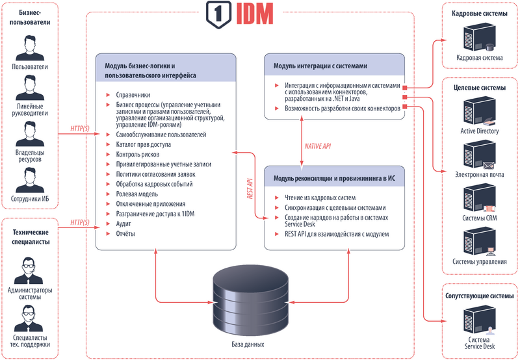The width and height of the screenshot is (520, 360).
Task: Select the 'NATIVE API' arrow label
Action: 318,146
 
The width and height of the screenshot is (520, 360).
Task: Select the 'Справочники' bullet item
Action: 133,95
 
